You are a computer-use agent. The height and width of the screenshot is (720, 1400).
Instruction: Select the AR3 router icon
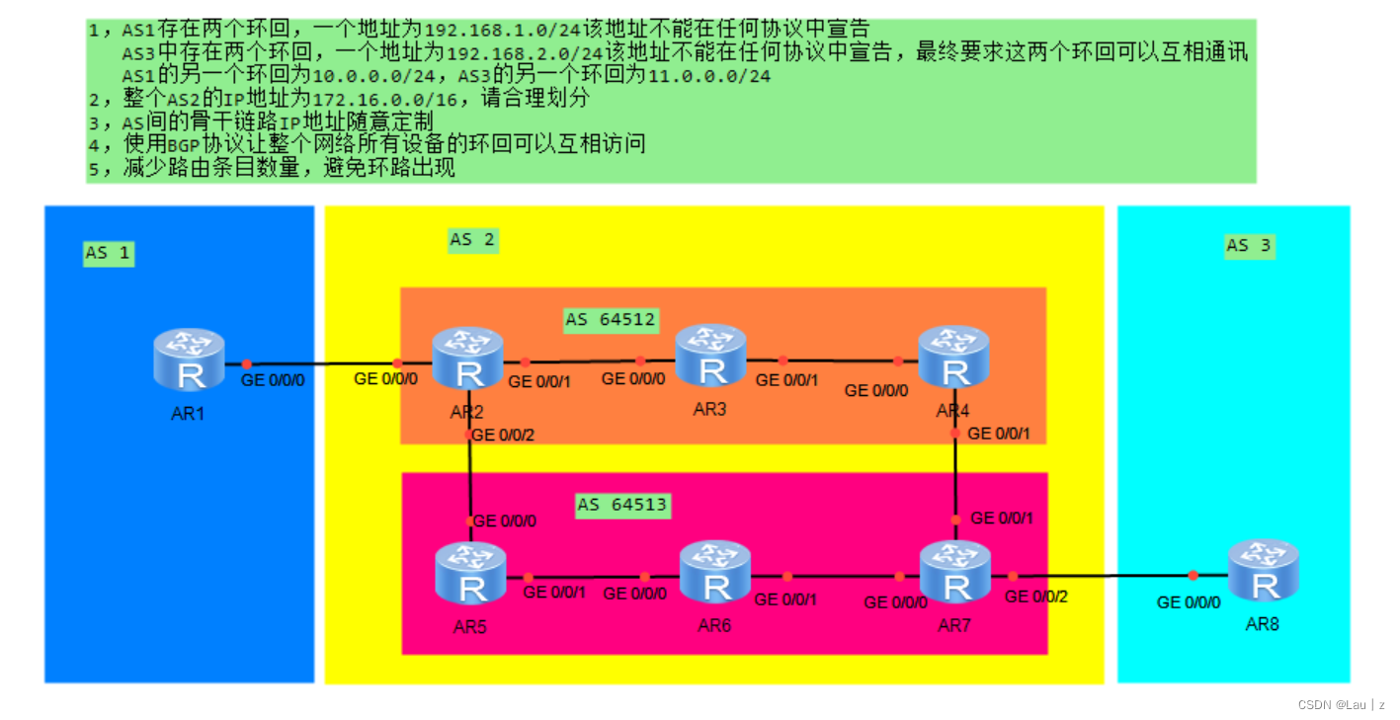coord(710,356)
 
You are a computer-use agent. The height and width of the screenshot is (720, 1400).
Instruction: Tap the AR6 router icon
coord(715,573)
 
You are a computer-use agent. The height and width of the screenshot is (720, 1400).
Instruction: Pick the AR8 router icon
coord(1263,571)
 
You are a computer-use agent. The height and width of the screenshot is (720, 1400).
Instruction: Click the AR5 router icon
coord(470,574)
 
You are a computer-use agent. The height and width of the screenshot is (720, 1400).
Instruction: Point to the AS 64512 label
coord(611,319)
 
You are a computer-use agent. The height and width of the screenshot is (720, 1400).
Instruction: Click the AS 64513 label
coord(622,505)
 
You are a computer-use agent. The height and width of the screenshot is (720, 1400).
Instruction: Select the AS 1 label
coord(107,253)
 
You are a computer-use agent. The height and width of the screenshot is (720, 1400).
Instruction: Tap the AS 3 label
coord(1249,245)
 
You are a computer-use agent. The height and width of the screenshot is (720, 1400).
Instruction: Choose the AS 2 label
coord(472,239)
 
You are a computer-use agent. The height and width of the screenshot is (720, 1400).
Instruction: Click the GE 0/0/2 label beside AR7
coord(1036,597)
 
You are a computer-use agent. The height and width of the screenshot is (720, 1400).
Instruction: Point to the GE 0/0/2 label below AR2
coord(505,435)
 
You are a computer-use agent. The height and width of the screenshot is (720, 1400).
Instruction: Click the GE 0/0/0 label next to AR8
coord(1189,601)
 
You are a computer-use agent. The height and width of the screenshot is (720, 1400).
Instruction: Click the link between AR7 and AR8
coord(1102,575)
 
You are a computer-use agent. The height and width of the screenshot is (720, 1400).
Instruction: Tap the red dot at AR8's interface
coord(1193,575)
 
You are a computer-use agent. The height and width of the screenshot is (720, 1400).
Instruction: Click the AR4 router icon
coord(953,358)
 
